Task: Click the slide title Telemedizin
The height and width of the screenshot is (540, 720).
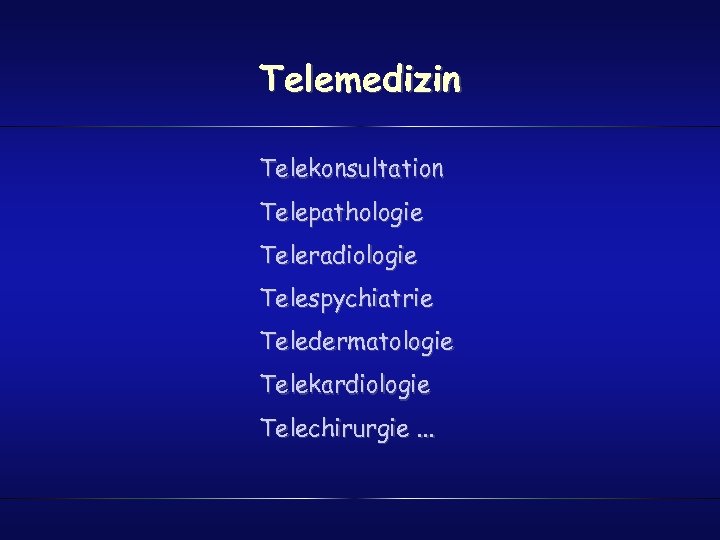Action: coord(360,78)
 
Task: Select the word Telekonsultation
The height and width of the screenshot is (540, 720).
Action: coord(352,169)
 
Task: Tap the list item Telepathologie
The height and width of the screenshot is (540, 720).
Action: coord(341,213)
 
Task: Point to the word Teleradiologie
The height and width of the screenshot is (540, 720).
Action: coord(338,256)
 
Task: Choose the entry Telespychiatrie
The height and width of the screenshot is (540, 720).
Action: coord(346,299)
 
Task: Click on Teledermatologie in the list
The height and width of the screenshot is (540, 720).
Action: coord(356,342)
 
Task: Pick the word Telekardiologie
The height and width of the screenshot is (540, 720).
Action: coord(345,384)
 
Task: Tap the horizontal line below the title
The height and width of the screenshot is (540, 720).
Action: coord(360,127)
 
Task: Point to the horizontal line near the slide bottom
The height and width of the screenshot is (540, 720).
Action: coord(360,498)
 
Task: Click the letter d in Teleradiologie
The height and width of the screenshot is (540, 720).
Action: coord(342,256)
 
